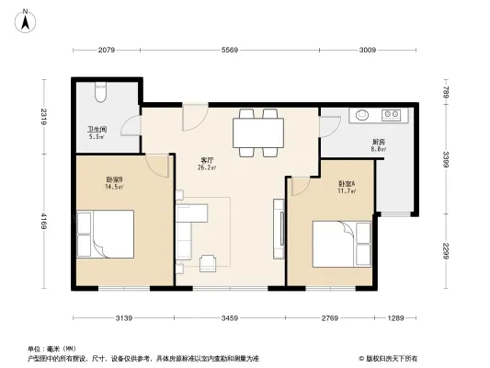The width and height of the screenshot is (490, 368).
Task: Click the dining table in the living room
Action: (258, 132)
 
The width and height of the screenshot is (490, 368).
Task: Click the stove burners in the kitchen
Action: (393, 115)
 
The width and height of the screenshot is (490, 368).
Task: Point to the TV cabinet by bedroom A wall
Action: (278, 226)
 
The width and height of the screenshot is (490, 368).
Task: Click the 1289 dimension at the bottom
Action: (396, 318)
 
